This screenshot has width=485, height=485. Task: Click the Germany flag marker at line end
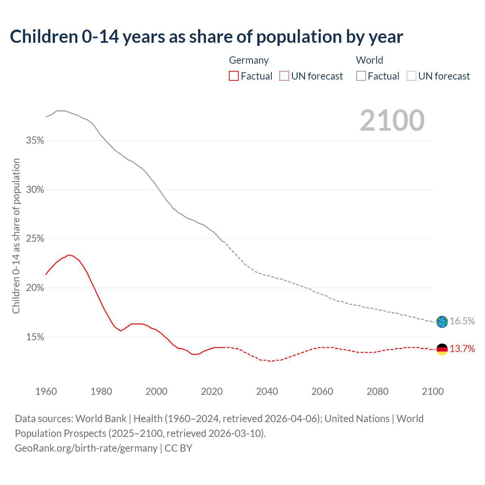pyautogui.click(x=442, y=349)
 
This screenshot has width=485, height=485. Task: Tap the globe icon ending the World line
pyautogui.click(x=442, y=322)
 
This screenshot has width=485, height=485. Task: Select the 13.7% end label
pyautogui.click(x=462, y=349)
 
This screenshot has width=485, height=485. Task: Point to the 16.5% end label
pyautogui.click(x=462, y=321)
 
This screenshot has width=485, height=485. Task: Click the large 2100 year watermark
pyautogui.click(x=392, y=120)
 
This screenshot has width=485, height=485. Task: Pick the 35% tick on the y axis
pyautogui.click(x=35, y=141)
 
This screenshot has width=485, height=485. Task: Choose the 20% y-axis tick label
pyautogui.click(x=35, y=288)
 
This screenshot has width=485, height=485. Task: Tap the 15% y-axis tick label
pyautogui.click(x=35, y=337)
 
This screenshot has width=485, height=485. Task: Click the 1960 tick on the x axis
pyautogui.click(x=46, y=391)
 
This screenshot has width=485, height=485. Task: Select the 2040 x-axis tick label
pyautogui.click(x=267, y=391)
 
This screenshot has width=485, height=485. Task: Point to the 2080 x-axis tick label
pyautogui.click(x=377, y=391)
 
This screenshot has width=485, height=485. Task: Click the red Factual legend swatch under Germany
pyautogui.click(x=234, y=76)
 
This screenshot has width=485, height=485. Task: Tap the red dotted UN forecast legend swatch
pyautogui.click(x=284, y=76)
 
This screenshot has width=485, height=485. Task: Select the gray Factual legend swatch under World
pyautogui.click(x=361, y=76)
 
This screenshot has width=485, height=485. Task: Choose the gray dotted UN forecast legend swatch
pyautogui.click(x=411, y=76)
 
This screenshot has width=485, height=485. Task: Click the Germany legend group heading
pyautogui.click(x=249, y=60)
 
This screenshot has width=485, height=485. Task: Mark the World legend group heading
pyautogui.click(x=369, y=60)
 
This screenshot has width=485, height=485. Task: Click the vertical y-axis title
pyautogui.click(x=16, y=236)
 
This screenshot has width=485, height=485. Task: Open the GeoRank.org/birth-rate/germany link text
pyautogui.click(x=86, y=448)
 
